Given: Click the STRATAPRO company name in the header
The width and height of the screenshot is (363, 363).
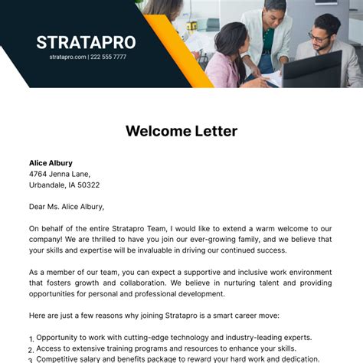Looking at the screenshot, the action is click(x=87, y=42).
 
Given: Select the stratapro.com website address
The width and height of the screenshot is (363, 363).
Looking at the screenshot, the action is click(x=67, y=57).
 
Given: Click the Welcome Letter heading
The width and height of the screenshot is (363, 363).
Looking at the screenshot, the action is click(x=181, y=131).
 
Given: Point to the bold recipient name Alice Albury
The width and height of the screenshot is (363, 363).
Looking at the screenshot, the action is click(x=51, y=163).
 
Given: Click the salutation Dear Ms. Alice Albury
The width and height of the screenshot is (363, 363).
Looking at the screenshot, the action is click(x=67, y=206).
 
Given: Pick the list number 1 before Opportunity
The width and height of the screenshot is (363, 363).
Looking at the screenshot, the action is click(x=31, y=338).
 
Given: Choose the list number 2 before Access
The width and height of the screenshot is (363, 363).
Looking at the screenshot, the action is click(x=31, y=349).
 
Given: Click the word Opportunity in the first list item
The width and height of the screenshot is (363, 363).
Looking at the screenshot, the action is click(x=62, y=337).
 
